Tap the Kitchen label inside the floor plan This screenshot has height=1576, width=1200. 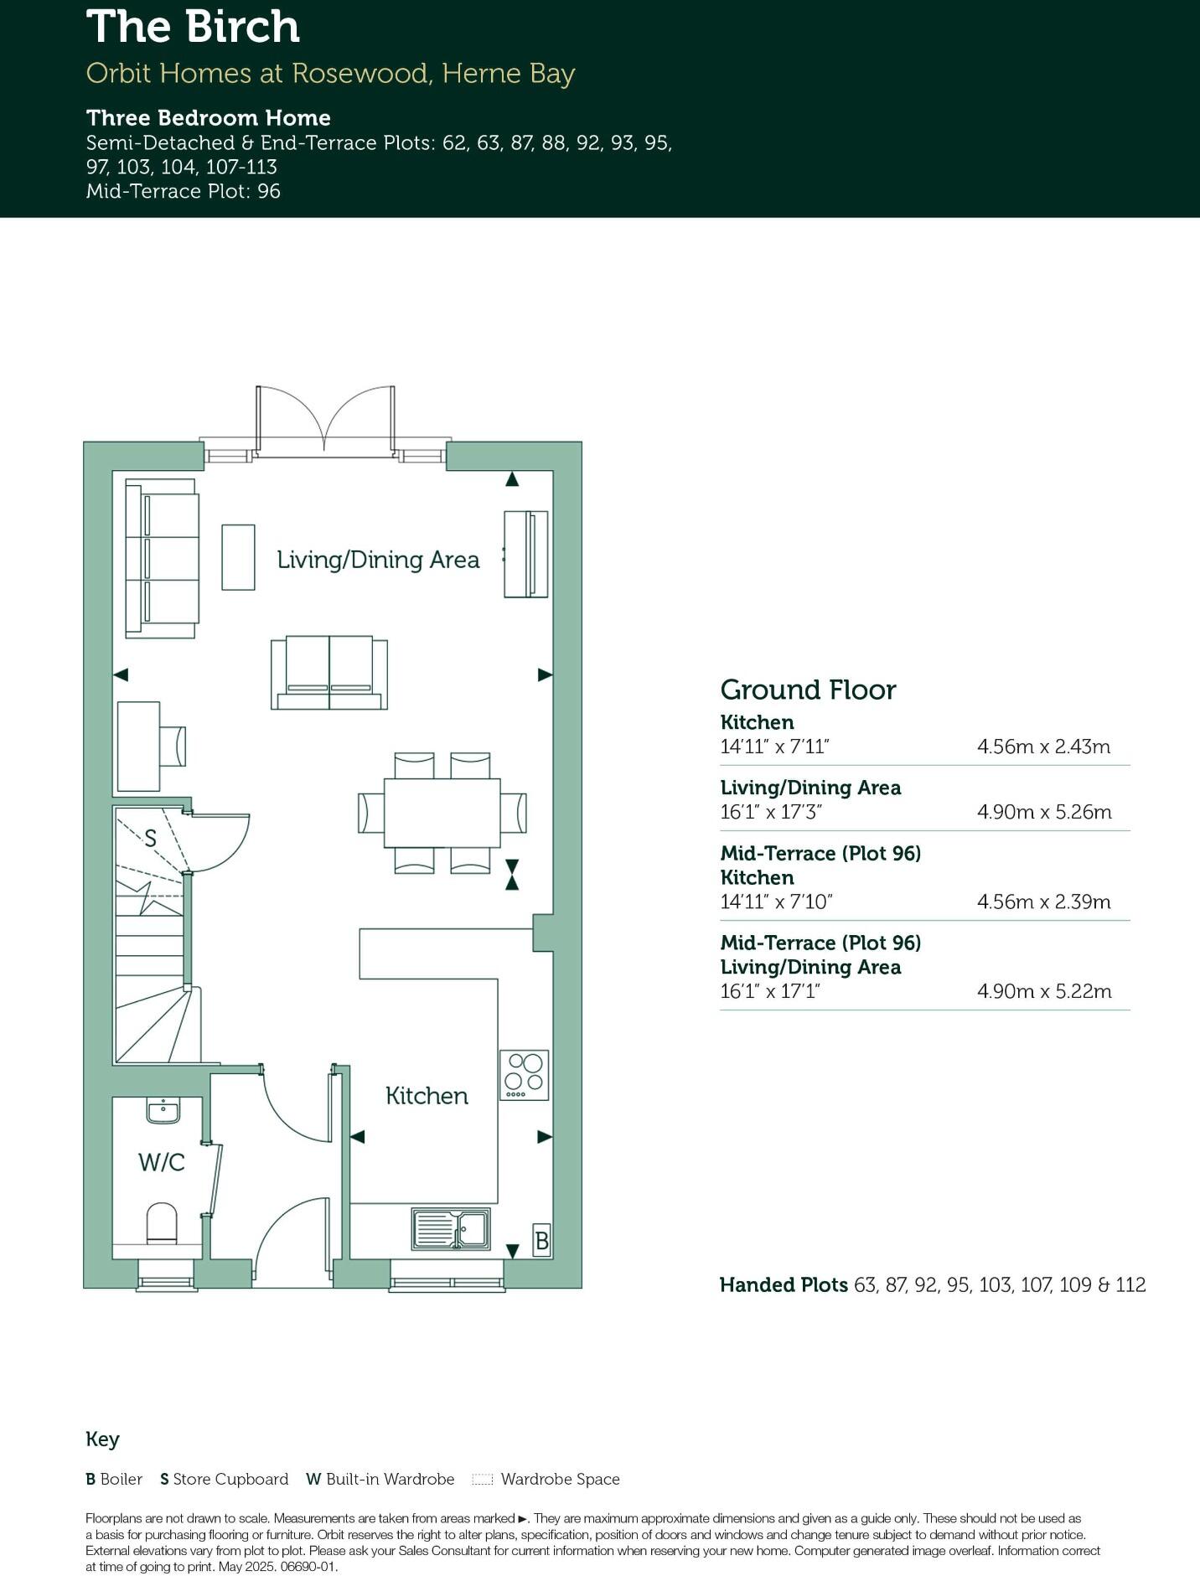(427, 1096)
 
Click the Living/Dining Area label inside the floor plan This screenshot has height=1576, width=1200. (378, 560)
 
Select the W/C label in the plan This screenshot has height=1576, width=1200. (162, 1162)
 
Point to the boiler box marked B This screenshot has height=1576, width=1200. (542, 1240)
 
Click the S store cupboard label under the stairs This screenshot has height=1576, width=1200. (151, 838)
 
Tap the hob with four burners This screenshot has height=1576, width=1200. (525, 1075)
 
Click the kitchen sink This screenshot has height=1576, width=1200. (451, 1229)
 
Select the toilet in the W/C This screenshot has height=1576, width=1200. (162, 1223)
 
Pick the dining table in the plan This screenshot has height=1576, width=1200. (442, 813)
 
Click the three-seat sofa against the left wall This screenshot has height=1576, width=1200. (162, 557)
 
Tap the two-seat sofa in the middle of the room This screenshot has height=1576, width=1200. (329, 673)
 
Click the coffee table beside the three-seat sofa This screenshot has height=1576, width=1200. (238, 557)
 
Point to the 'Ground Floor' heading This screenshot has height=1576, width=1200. (808, 690)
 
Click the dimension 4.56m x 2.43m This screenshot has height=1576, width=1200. (1043, 747)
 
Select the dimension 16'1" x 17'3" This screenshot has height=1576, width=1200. (771, 812)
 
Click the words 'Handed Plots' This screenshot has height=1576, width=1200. (784, 1284)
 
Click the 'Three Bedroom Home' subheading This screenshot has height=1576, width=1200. (209, 117)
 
